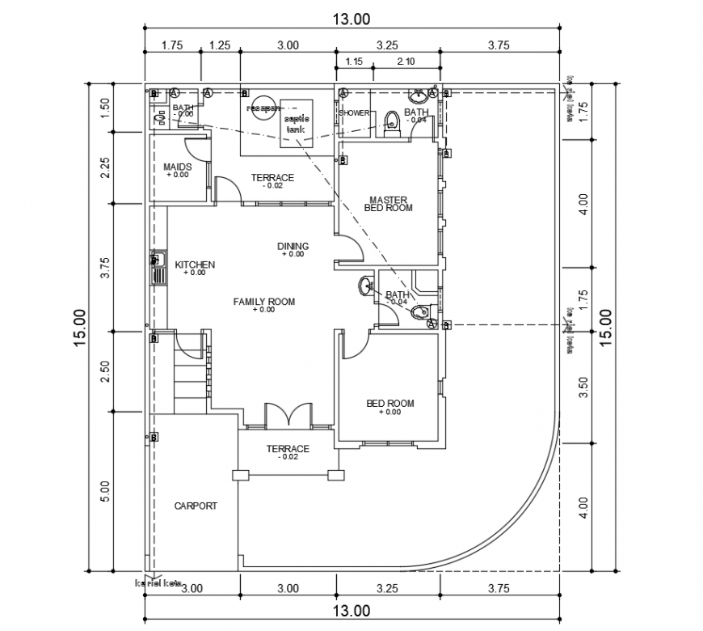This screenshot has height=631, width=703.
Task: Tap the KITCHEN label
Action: pos(195,265)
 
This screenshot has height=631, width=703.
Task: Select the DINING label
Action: pos(293,247)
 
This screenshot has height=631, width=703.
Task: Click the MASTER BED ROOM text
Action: pos(389,203)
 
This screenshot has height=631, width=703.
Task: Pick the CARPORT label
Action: pos(196,506)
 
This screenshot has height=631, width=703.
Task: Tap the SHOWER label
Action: pos(354,113)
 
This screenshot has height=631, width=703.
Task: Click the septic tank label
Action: pos(297,124)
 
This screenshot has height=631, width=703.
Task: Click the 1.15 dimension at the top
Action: pos(354,61)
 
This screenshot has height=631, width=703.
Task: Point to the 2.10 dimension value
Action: pos(406,61)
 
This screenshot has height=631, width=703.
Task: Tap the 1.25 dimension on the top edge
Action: pos(220,46)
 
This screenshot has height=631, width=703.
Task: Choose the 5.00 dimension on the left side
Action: pos(104,491)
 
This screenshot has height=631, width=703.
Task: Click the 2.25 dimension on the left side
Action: pos(104,168)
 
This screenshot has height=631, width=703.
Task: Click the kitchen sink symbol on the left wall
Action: pos(158,269)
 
